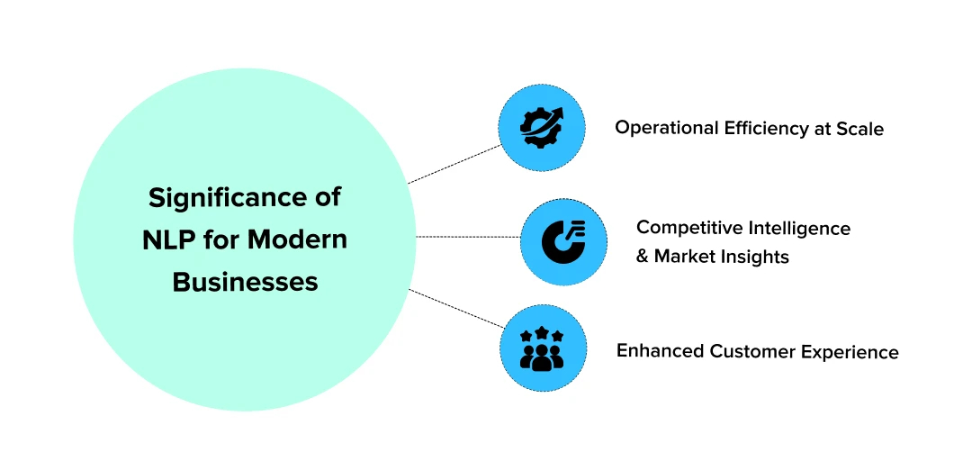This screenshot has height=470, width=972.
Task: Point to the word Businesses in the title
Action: click(x=245, y=282)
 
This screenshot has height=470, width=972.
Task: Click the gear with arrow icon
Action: click(x=541, y=128)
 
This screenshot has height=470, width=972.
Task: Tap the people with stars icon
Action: click(x=542, y=349)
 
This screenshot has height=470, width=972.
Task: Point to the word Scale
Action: click(x=860, y=129)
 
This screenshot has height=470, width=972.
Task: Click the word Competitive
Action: click(x=687, y=228)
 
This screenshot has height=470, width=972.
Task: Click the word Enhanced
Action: click(x=659, y=351)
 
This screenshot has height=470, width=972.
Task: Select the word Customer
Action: click(x=749, y=351)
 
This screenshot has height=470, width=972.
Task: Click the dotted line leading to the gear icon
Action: click(x=454, y=164)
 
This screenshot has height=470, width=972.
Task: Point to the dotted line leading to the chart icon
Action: click(x=468, y=238)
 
